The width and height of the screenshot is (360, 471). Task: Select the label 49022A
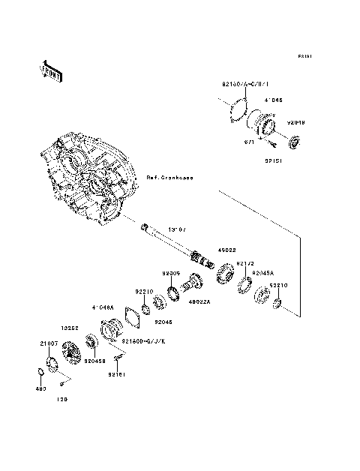(x=199, y=303)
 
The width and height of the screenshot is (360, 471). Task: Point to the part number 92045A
(x=263, y=273)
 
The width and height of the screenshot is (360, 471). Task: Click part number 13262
(x=68, y=328)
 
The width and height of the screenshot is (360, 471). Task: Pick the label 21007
(x=49, y=343)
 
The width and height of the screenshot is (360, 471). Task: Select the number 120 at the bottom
(x=61, y=398)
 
